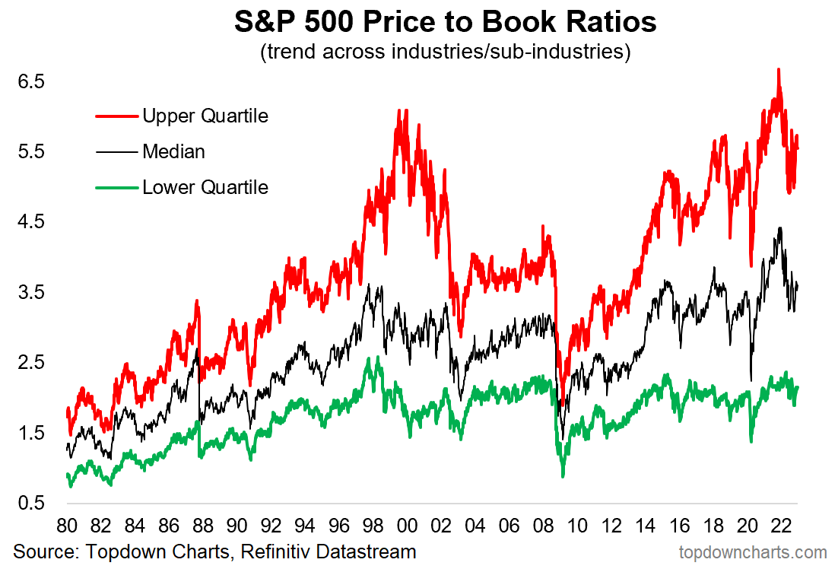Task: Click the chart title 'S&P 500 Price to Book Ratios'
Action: pos(445,22)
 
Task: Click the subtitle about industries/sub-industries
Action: pos(445,53)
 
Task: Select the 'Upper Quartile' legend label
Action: pos(205,116)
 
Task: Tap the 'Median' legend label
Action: pos(173,151)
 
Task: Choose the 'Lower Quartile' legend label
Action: pos(205,187)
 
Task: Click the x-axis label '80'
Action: pos(66,526)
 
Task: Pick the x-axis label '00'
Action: pos(407,526)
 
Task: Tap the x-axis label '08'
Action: pos(543,526)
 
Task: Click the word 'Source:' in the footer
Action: pos(45,552)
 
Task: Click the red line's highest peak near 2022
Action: pos(778,70)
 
